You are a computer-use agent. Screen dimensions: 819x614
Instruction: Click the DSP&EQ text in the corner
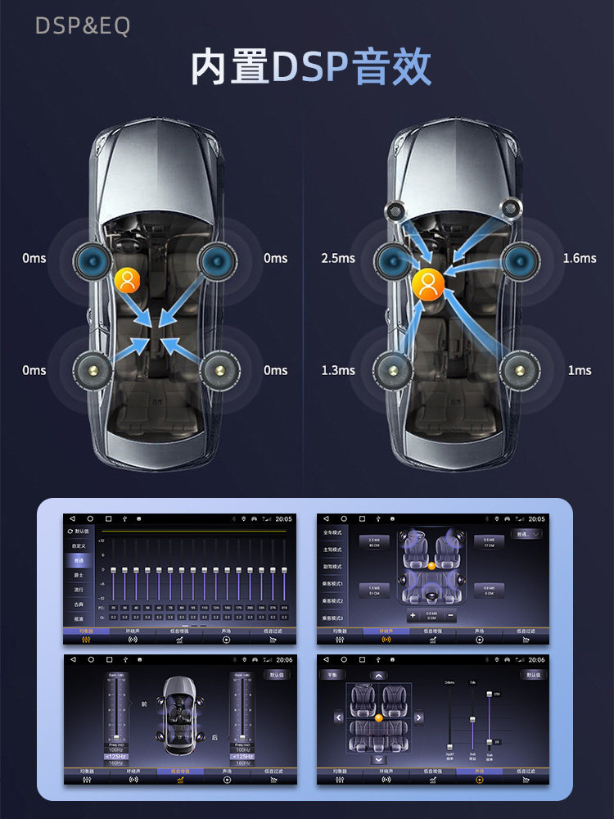tap(82, 26)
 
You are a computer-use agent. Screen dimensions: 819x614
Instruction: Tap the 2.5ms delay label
tap(337, 258)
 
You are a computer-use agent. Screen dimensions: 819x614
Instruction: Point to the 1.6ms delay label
tap(580, 258)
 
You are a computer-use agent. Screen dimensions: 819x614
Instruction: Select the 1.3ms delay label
tap(337, 370)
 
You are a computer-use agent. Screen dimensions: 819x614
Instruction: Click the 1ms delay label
tap(580, 370)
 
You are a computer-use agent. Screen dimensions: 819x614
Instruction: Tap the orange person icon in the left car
tap(127, 280)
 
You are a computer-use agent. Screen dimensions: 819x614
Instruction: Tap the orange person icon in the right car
tap(427, 283)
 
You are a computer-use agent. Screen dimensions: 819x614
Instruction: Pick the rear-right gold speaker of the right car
tap(521, 370)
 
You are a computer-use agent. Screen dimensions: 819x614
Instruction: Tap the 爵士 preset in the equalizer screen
tap(79, 575)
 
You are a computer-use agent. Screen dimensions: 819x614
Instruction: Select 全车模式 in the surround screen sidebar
tap(332, 533)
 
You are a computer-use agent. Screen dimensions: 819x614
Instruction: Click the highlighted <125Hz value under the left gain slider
tap(117, 756)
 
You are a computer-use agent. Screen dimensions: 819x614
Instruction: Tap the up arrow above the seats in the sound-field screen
tap(378, 675)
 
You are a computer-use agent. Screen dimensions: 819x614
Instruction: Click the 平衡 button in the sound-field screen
tap(332, 675)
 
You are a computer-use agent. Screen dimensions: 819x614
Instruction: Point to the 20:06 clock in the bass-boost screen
tap(282, 659)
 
